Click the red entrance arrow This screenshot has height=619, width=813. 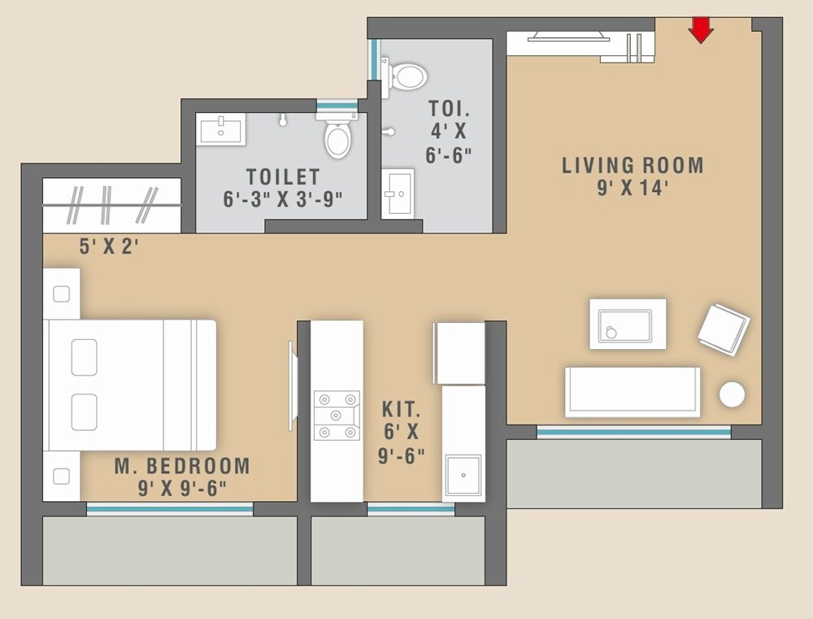coord(700,30)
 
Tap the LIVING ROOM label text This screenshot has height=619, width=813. coord(633,166)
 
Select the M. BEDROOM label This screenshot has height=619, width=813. coord(182,466)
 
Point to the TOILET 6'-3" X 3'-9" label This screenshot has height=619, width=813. coord(283,188)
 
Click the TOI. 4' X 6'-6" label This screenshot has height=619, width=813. coord(449,132)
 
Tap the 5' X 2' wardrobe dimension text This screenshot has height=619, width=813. coord(109,246)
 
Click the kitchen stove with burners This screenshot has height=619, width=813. coord(337,416)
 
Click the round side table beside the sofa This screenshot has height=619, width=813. coord(732,395)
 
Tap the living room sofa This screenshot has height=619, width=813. coord(633,391)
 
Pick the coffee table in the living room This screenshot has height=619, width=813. coord(627,325)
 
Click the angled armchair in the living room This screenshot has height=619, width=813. coord(724,329)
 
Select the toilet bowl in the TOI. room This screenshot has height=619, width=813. coord(406,77)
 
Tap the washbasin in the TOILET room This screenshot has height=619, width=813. coord(220,130)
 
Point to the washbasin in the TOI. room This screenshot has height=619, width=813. coord(398,194)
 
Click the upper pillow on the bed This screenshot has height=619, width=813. coord(84,357)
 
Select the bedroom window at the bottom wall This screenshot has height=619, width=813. coord(170,509)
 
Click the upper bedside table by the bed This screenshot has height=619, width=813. coord(62,294)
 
